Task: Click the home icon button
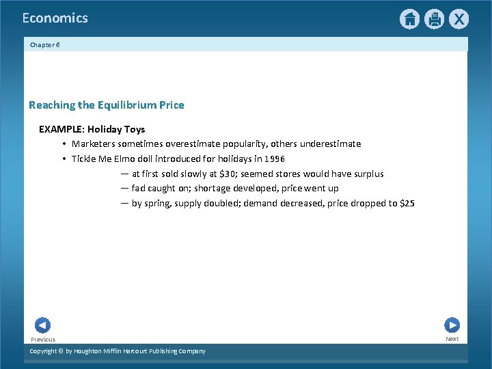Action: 409,19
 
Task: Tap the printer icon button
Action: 434,19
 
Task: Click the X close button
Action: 459,19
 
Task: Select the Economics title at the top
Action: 55,18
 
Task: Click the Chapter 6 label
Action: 44,44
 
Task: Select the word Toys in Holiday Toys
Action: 135,129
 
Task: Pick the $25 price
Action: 407,204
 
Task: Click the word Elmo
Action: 127,159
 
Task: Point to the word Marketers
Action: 94,144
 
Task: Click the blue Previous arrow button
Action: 42,325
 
